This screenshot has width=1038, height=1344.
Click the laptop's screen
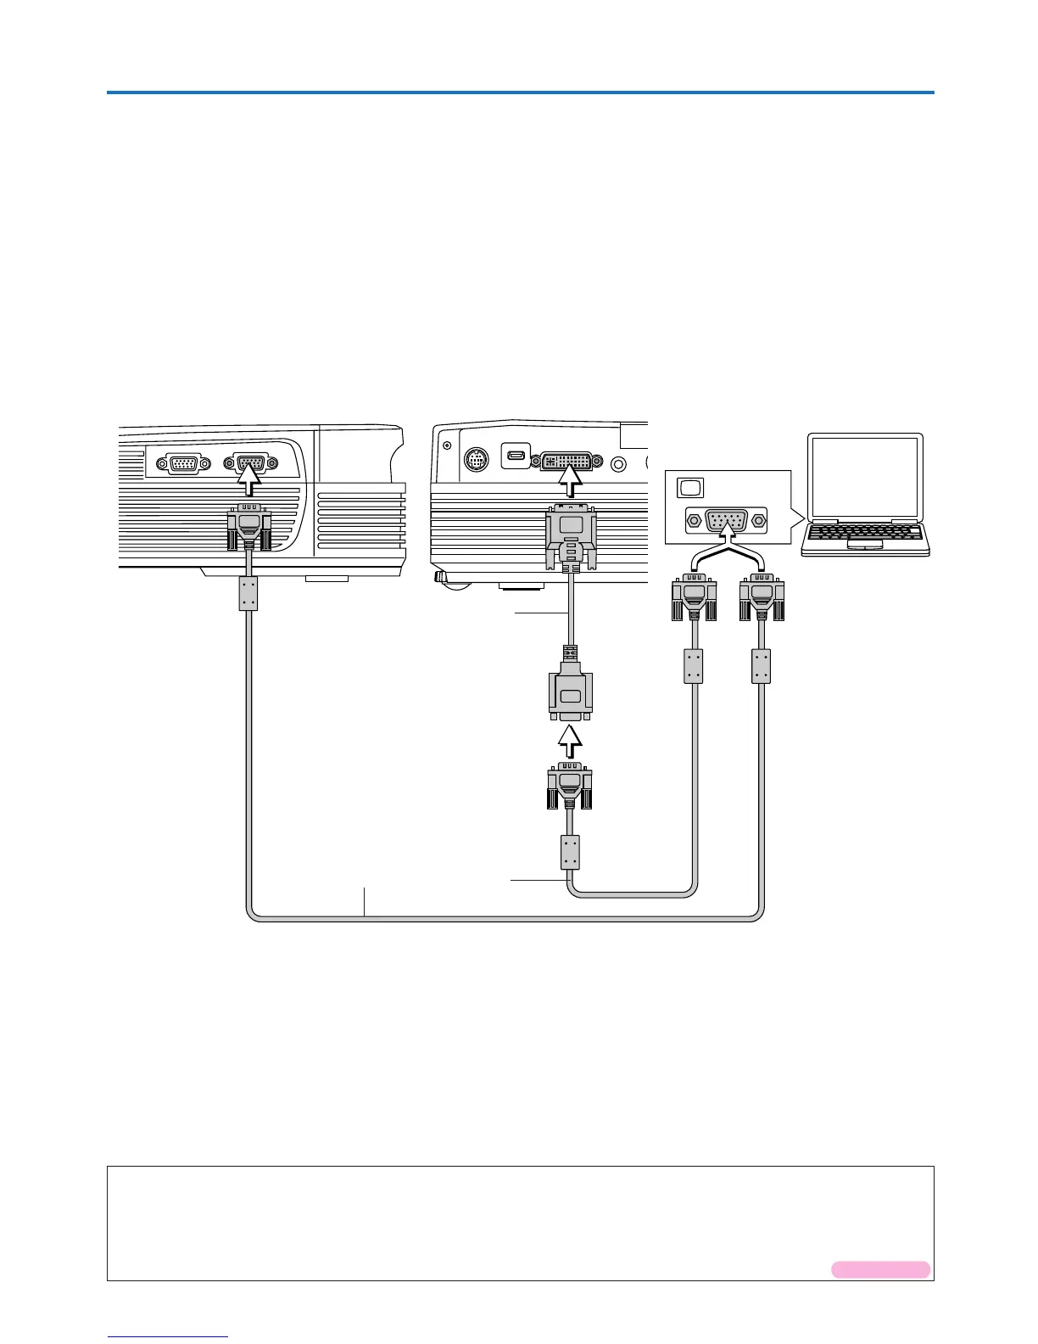865,477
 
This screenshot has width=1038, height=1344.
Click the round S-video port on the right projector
477,461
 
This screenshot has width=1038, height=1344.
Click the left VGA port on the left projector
183,463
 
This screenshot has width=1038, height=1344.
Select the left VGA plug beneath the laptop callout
694,598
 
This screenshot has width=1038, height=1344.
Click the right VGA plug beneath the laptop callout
762,598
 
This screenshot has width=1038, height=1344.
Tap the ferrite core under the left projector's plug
248,594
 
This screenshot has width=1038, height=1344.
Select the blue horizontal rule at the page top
520,92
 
